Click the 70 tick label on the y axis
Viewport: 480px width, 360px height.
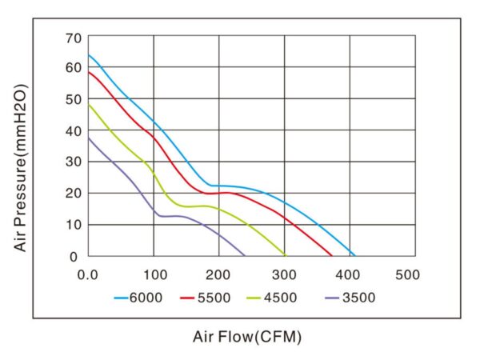click(74, 37)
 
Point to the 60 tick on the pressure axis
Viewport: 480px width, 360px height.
click(74, 68)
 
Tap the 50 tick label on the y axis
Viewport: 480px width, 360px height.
click(74, 99)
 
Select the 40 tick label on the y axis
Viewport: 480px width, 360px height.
click(74, 130)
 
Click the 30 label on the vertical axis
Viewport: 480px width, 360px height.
click(74, 162)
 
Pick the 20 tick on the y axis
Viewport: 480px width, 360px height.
click(74, 194)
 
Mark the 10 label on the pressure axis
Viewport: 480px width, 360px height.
click(74, 225)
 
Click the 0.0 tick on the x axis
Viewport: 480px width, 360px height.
click(88, 274)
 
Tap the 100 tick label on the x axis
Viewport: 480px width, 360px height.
click(154, 274)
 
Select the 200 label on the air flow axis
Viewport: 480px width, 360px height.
click(218, 274)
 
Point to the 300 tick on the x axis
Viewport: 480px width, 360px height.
click(284, 274)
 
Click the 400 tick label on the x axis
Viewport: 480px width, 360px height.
click(350, 274)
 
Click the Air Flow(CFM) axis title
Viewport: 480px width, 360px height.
click(247, 337)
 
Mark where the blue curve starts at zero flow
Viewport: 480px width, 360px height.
click(88, 55)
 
